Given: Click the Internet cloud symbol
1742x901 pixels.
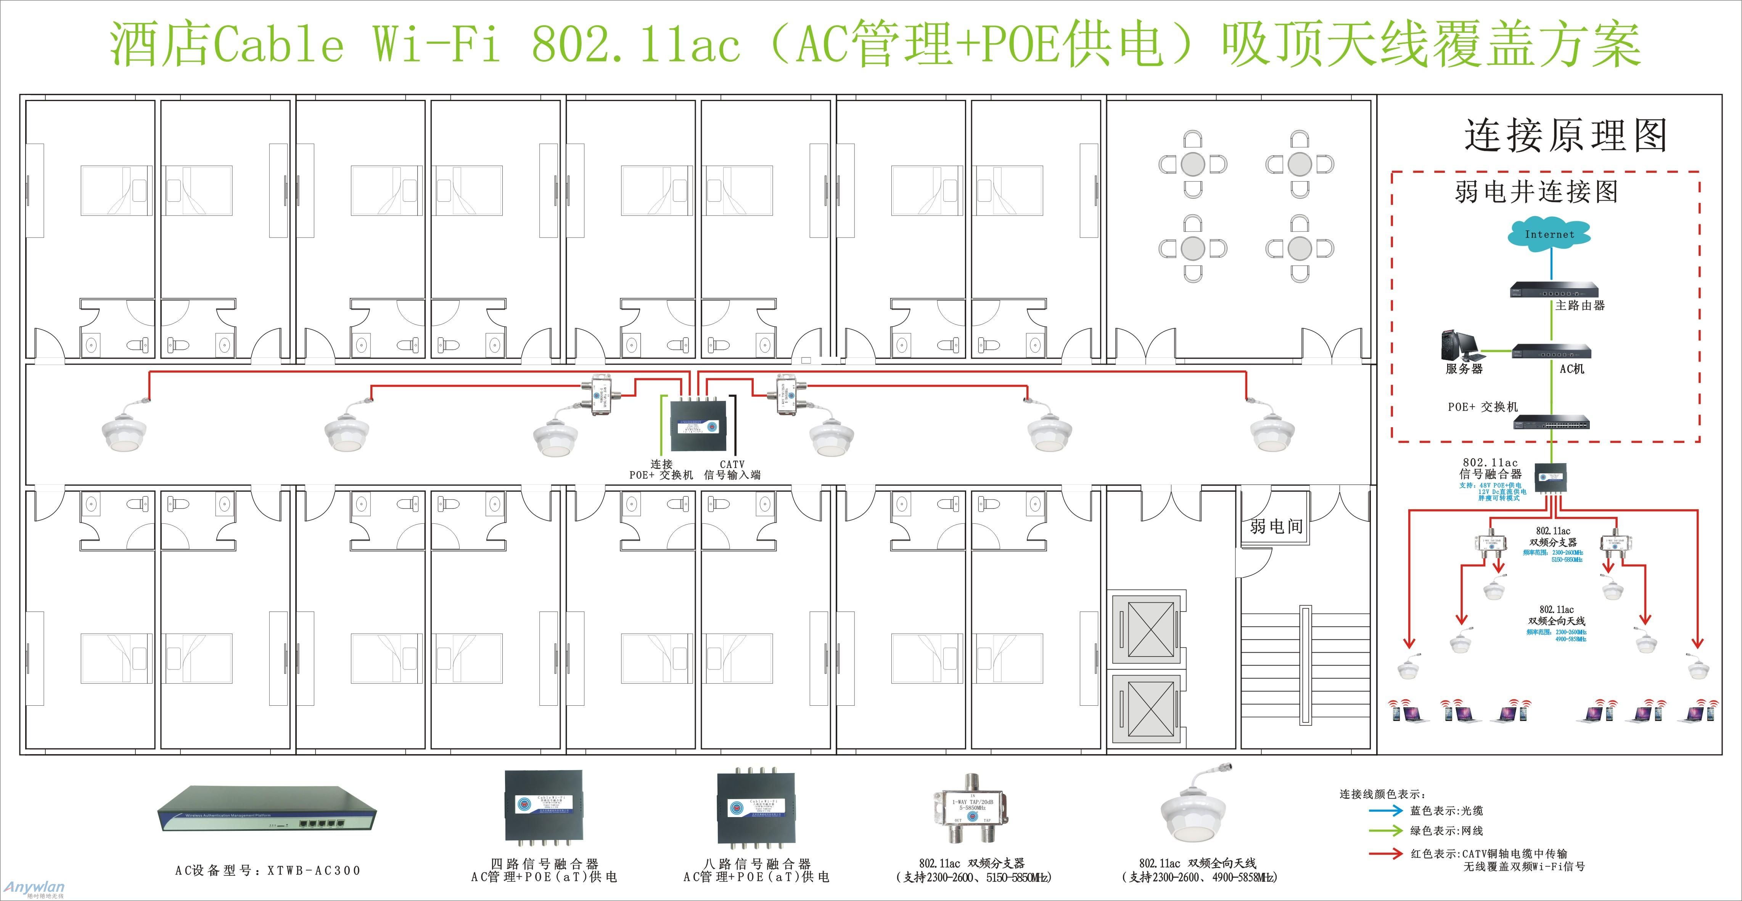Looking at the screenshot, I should pyautogui.click(x=1549, y=235).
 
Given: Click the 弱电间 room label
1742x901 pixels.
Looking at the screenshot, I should pyautogui.click(x=1276, y=526).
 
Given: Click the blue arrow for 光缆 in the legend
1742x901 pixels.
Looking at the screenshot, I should pyautogui.click(x=1386, y=810).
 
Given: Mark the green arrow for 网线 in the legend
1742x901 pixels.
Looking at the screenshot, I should pyautogui.click(x=1386, y=831).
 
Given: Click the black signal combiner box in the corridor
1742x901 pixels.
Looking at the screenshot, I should pyautogui.click(x=698, y=426).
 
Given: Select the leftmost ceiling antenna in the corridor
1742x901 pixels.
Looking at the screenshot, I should pyautogui.click(x=124, y=433).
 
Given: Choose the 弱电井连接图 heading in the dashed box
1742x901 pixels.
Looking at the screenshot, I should pyautogui.click(x=1536, y=193).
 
